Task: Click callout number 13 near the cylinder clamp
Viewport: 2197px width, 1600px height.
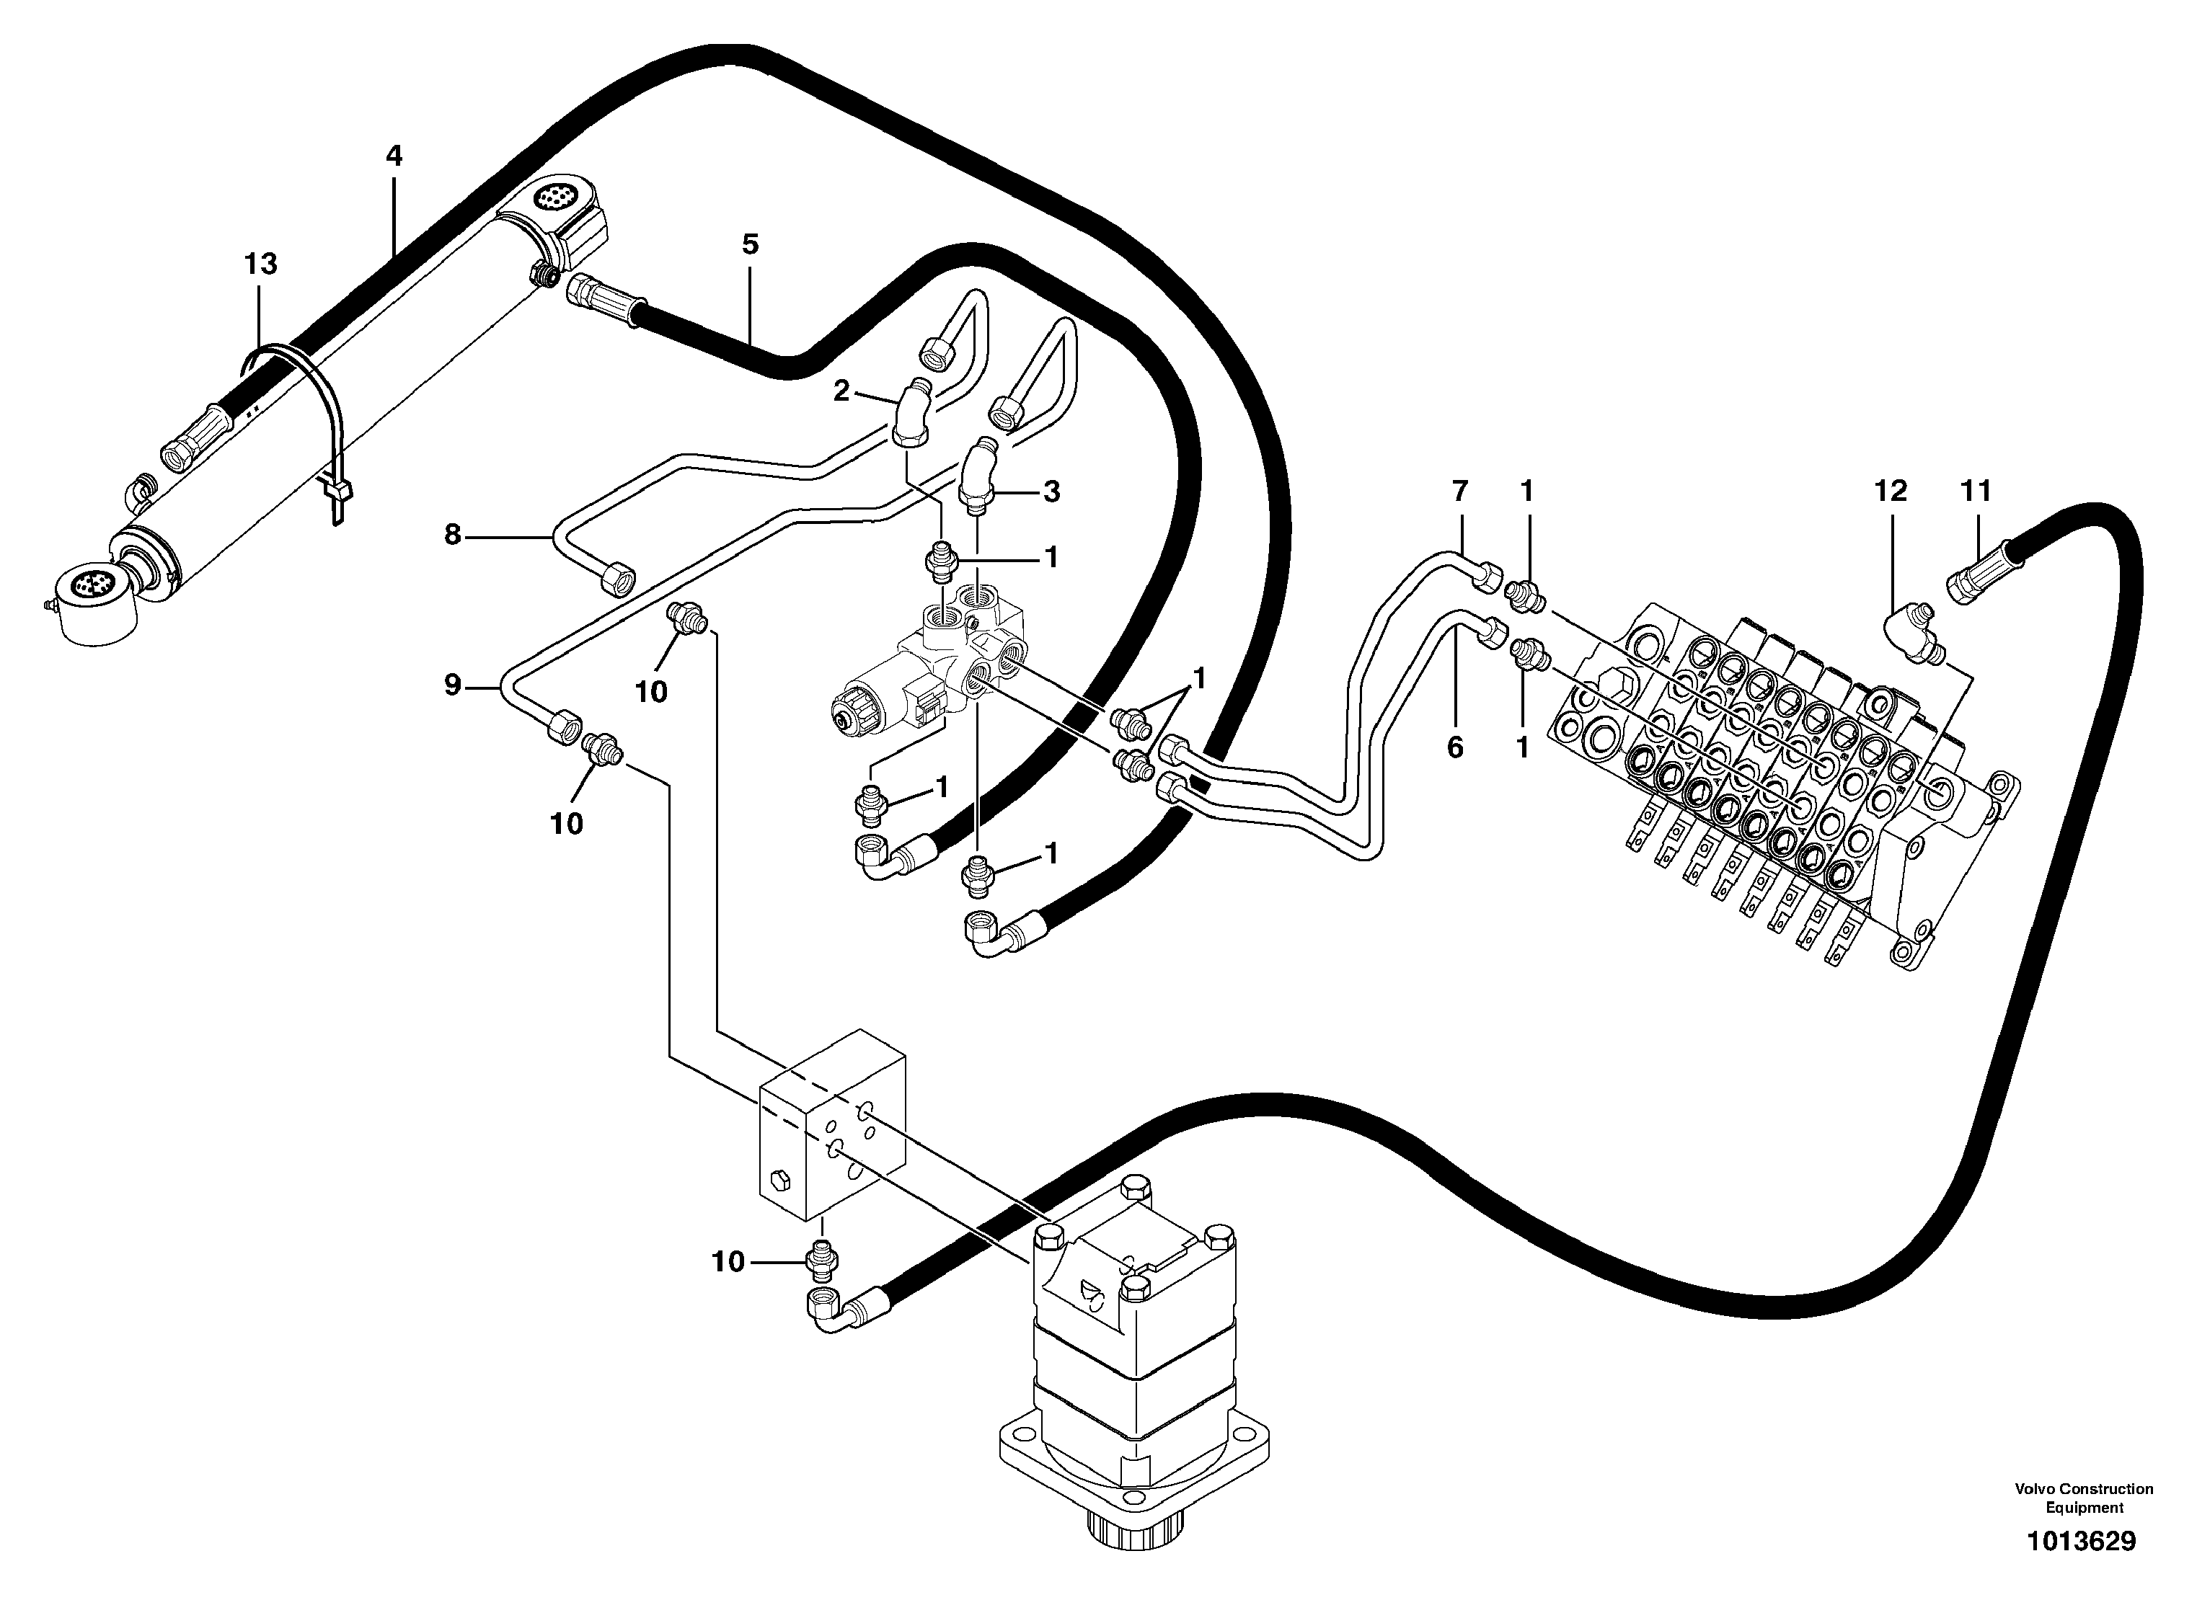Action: pyautogui.click(x=260, y=265)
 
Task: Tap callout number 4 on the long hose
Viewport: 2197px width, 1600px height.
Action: pyautogui.click(x=393, y=156)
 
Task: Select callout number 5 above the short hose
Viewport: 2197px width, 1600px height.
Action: pyautogui.click(x=751, y=245)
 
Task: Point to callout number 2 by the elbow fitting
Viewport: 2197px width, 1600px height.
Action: pyautogui.click(x=841, y=391)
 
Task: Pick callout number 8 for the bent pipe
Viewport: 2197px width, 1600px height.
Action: pyautogui.click(x=452, y=535)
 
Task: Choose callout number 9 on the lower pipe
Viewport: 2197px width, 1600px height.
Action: pyautogui.click(x=452, y=685)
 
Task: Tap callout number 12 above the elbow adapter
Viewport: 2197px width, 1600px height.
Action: pyautogui.click(x=1890, y=492)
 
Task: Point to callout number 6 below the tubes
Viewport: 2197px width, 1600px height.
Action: pyautogui.click(x=1455, y=747)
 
